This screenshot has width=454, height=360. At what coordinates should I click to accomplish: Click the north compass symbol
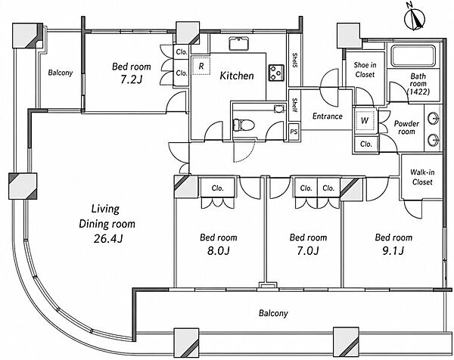click(x=415, y=20)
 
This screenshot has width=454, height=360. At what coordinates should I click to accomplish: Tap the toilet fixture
click(x=244, y=125)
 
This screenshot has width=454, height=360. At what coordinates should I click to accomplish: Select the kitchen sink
click(x=238, y=44)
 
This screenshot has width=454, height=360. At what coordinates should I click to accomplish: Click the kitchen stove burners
click(x=276, y=73)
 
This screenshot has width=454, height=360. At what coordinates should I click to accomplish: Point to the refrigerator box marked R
click(x=201, y=66)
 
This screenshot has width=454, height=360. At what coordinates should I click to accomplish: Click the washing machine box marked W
click(x=365, y=120)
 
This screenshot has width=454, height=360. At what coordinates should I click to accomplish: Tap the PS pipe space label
click(x=294, y=132)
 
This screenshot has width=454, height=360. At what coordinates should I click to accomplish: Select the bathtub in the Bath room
click(x=413, y=56)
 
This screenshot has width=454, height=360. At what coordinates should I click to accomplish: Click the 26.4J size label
click(x=108, y=239)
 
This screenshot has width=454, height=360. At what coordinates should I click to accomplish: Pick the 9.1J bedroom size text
click(x=393, y=250)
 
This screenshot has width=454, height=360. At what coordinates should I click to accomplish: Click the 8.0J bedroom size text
click(x=219, y=250)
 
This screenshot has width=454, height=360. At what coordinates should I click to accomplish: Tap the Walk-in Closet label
click(x=422, y=177)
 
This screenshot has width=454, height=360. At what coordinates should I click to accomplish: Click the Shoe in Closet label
click(x=365, y=70)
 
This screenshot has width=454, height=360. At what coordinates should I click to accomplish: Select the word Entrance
click(x=328, y=116)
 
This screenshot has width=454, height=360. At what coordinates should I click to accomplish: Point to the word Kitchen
click(x=237, y=76)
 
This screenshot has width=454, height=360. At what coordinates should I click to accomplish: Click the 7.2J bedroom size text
click(x=131, y=79)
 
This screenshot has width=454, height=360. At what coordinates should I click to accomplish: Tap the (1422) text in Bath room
click(x=418, y=92)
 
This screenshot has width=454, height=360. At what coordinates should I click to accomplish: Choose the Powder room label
click(x=406, y=127)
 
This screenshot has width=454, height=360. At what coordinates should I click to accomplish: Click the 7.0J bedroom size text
click(x=308, y=250)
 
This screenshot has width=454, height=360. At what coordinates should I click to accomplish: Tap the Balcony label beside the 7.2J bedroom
click(x=61, y=73)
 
